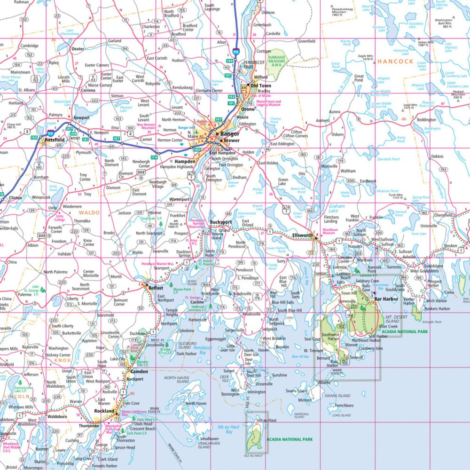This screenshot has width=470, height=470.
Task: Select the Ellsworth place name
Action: pos(302,235)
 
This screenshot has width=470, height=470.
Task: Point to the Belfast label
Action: pos(156,288)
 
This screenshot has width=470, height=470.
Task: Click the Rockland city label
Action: pos(104,411)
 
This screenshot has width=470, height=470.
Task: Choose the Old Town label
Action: pos(261,86)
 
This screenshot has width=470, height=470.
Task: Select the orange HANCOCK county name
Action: pos(395,62)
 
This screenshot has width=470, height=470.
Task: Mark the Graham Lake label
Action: pos(337,206)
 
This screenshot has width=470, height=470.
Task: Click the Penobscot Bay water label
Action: pos(196,350)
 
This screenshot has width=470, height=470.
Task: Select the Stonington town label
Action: pos(256,392)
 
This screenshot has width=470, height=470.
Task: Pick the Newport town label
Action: pos(81,117)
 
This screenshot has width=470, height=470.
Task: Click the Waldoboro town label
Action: pos(57,416)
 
